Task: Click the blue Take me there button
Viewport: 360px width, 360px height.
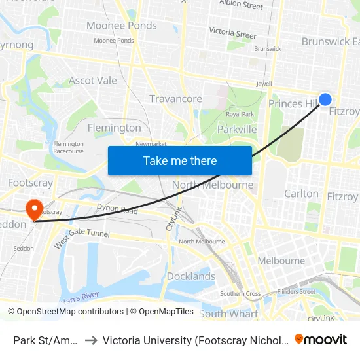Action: click(180, 160)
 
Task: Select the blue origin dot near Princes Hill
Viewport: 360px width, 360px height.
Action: click(325, 99)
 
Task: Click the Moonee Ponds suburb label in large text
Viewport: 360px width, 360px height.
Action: click(122, 26)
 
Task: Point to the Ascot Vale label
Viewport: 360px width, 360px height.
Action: click(93, 81)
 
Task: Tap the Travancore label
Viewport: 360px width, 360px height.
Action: click(175, 99)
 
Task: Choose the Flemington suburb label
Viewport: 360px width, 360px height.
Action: click(114, 128)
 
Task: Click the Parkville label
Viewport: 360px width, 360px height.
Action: click(237, 130)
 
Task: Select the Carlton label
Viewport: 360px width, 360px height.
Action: click(301, 194)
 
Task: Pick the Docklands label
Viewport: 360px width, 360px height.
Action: click(190, 276)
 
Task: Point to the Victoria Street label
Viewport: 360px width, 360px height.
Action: click(232, 33)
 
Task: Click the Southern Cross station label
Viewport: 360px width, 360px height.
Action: click(240, 294)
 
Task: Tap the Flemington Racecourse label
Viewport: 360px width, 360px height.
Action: click(68, 147)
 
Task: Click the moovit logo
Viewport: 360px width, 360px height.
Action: click(321, 339)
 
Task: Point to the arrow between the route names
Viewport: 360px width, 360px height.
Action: click(91, 340)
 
